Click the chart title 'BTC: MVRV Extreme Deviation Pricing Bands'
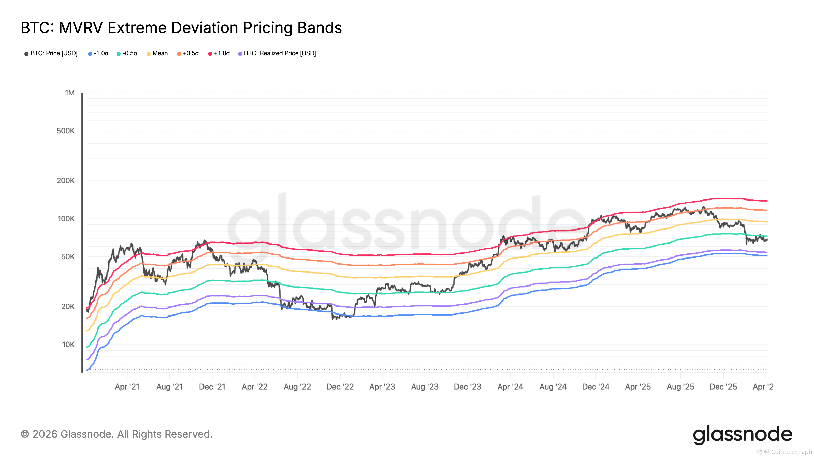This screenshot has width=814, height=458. click(x=181, y=28)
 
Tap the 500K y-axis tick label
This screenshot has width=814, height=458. click(x=66, y=131)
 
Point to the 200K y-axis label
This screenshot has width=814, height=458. click(x=66, y=181)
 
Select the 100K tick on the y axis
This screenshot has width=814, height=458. click(x=66, y=219)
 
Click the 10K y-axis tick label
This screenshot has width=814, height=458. click(x=68, y=345)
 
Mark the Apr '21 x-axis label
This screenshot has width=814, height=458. click(x=127, y=387)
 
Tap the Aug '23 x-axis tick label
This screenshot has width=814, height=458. click(x=425, y=387)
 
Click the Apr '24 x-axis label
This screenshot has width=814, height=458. click(x=510, y=387)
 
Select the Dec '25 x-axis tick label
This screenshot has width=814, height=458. click(x=723, y=387)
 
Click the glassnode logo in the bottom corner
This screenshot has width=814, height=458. click(x=743, y=435)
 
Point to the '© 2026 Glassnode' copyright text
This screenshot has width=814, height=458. click(x=117, y=434)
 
